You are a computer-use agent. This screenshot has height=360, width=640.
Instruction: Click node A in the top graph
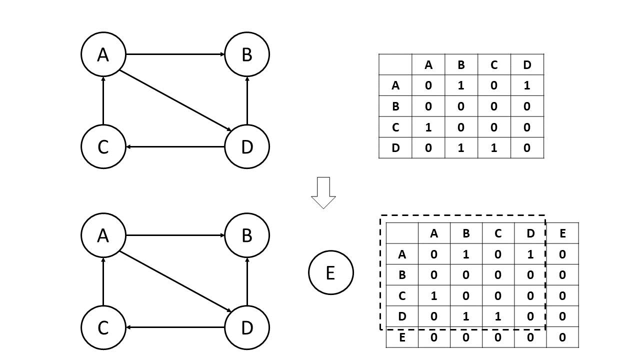point(103,54)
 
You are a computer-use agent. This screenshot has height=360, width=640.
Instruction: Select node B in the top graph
point(247,54)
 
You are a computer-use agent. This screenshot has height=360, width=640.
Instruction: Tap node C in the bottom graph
point(103,327)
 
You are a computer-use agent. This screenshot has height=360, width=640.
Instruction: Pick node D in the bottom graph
point(247,327)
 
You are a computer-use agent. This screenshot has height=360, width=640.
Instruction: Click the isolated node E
point(330,272)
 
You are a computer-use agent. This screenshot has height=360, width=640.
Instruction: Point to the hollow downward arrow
point(323,192)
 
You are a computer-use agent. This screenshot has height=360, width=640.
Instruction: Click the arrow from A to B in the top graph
point(175,54)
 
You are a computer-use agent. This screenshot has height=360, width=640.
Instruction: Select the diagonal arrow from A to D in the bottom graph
point(175,281)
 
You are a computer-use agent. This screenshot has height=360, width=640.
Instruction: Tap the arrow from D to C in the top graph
point(175,147)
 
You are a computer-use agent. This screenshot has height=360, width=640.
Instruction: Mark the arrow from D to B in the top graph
point(247,100)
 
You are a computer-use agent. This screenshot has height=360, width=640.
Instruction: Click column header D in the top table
point(527,64)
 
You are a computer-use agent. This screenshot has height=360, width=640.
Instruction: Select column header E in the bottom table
point(562,233)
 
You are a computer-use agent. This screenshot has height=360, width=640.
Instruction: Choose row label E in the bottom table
point(402,337)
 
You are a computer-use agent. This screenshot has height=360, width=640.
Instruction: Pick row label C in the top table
point(395,127)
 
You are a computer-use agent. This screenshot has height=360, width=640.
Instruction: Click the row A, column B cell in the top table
point(461,85)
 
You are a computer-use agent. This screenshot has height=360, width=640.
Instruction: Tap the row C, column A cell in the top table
point(428,127)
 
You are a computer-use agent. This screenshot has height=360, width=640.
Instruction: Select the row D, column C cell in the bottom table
point(498,316)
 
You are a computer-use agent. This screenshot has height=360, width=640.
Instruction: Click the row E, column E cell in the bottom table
point(562,337)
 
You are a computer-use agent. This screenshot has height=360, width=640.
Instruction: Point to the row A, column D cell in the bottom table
point(530,254)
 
